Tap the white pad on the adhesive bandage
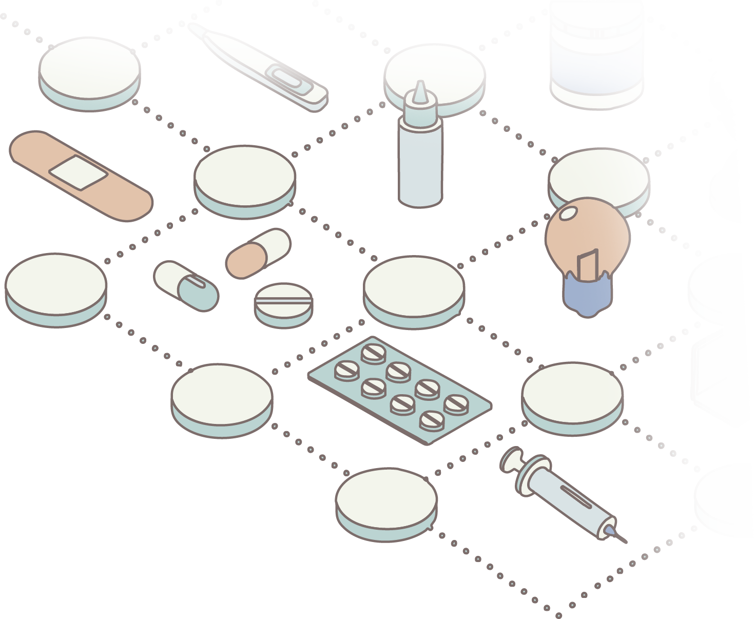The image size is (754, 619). click(x=79, y=172)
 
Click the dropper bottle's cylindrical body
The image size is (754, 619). click(x=420, y=164)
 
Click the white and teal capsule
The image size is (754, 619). click(x=186, y=286)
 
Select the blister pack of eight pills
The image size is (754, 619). click(x=399, y=389)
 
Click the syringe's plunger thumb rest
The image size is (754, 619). click(x=512, y=460)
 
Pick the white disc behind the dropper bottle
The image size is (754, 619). click(x=452, y=72)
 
